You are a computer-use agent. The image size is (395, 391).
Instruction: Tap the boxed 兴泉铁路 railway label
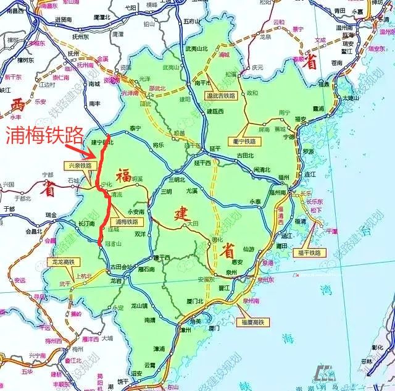(x=80, y=166)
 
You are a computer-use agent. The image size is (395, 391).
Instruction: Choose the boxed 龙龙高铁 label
(x=60, y=263)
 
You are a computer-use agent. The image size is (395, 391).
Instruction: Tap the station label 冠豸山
(x=113, y=243)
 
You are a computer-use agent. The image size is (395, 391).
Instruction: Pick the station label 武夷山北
(x=197, y=49)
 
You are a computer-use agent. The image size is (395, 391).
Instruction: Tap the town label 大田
(x=193, y=222)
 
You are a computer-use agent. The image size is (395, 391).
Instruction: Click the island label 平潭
(x=332, y=230)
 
